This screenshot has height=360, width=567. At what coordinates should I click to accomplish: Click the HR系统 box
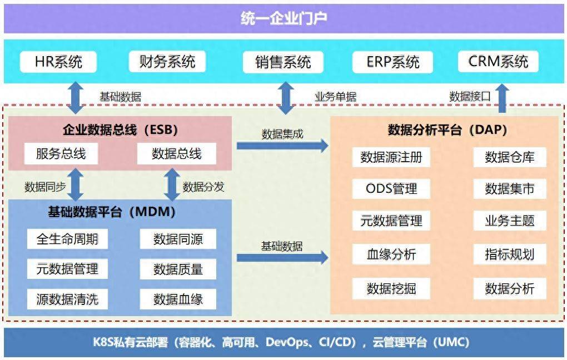tap(58, 62)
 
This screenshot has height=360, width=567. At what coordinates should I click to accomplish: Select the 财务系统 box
tap(167, 62)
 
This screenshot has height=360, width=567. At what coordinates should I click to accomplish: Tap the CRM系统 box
tap(498, 62)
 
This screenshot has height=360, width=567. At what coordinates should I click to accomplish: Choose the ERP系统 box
tap(392, 62)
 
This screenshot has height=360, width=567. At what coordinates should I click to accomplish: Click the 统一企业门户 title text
tap(284, 18)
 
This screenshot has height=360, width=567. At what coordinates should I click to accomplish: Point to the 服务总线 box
tap(61, 154)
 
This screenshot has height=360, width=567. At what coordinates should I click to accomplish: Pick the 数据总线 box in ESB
tap(176, 154)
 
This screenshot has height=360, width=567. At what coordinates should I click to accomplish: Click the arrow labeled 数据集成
tap(282, 146)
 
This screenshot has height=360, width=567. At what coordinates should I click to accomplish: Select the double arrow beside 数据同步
tap(76, 184)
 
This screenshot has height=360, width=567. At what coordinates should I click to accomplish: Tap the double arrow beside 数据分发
tap(172, 184)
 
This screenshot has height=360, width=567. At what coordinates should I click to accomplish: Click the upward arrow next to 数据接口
tap(503, 98)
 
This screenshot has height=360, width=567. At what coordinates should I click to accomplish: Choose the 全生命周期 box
tap(67, 239)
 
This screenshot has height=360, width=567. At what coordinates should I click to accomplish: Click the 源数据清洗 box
tap(67, 299)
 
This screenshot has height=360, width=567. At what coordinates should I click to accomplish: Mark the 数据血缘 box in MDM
tap(178, 299)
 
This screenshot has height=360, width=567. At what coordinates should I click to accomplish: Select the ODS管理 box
tap(391, 189)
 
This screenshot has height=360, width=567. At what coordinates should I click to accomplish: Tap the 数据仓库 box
tap(510, 157)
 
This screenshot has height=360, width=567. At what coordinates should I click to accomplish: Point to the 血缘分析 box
tap(391, 254)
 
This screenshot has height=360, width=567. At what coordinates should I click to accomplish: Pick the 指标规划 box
tap(510, 254)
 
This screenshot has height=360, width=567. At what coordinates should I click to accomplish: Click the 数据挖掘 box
tap(391, 288)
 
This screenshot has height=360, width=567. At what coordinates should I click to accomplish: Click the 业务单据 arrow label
tap(336, 97)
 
